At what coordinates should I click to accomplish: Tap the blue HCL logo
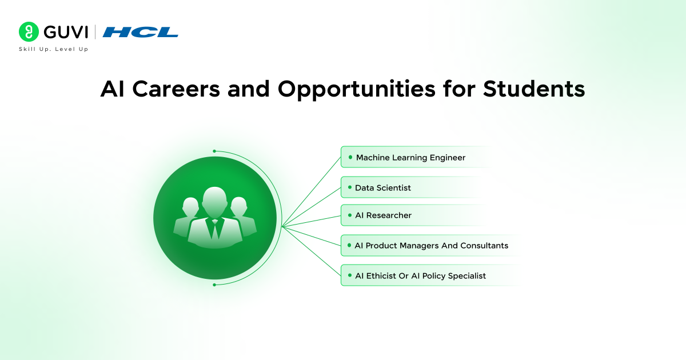point(141,32)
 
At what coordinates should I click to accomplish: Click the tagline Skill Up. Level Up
point(54,49)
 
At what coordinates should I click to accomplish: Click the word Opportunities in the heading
point(374,90)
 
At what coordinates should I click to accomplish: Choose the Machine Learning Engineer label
point(410,157)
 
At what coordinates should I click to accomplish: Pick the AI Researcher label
point(383,215)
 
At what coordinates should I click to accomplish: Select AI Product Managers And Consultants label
point(431,246)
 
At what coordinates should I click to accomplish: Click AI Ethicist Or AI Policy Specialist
point(420,276)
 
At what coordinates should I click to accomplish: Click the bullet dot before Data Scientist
point(350,187)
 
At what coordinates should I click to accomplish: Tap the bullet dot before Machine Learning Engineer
point(350,157)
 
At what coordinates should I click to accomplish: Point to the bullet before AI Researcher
point(350,215)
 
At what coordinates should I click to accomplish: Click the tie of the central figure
point(215,229)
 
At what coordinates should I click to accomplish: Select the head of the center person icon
point(215,199)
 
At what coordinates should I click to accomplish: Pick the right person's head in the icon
point(238,205)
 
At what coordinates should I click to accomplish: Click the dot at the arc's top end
point(214,151)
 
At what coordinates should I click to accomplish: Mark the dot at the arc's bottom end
point(214,284)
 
